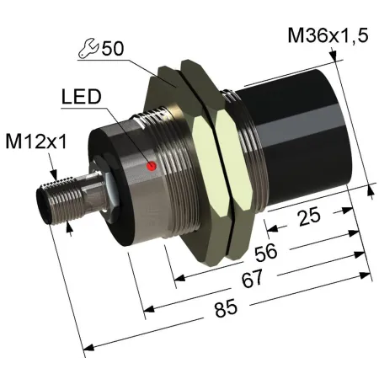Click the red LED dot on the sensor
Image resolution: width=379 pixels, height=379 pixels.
click(x=152, y=166)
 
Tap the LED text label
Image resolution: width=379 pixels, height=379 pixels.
click(x=81, y=97)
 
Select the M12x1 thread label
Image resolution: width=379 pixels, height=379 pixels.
click(x=36, y=141)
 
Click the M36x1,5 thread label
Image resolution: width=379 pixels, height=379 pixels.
click(x=328, y=35)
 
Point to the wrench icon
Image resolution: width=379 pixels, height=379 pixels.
click(x=88, y=49)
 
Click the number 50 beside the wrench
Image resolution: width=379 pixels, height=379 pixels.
click(x=113, y=48)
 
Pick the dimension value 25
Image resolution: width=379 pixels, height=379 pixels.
click(x=309, y=216)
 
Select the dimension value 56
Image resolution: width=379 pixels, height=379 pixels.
click(x=265, y=252)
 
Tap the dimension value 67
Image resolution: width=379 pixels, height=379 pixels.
click(x=252, y=278)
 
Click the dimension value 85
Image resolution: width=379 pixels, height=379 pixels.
click(x=226, y=308)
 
